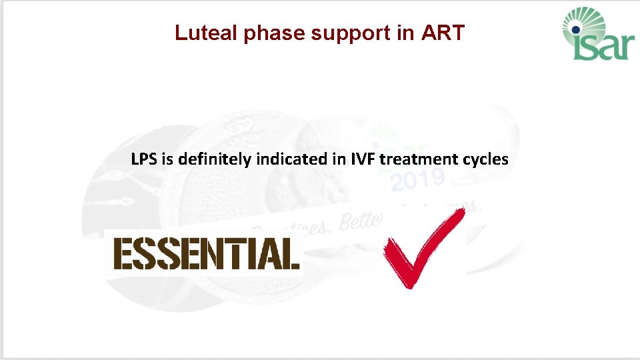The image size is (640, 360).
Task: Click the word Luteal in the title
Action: click(x=207, y=33)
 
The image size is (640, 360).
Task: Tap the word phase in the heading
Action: click(x=275, y=33)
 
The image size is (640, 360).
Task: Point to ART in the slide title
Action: click(x=443, y=33)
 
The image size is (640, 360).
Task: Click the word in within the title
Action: click(x=405, y=33)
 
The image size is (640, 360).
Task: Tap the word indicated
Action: click(x=271, y=159)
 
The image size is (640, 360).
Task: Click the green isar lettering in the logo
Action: click(x=601, y=47)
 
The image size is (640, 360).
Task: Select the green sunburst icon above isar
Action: click(x=587, y=20)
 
